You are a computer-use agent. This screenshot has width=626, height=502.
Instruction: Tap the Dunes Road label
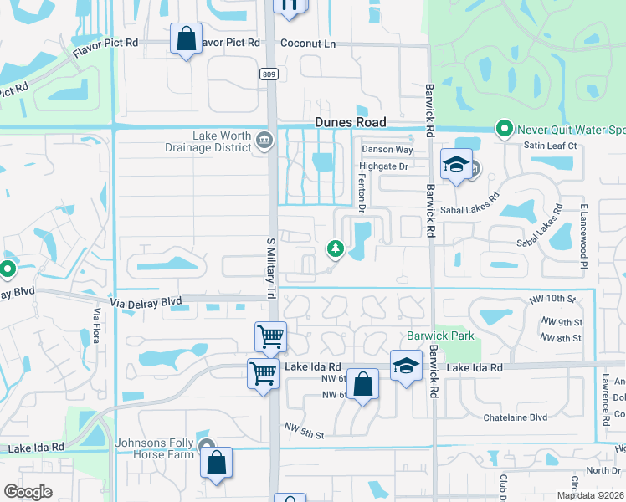[351, 121]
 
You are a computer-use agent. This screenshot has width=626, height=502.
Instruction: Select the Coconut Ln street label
[307, 44]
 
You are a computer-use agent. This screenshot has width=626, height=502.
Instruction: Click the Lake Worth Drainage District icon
[264, 139]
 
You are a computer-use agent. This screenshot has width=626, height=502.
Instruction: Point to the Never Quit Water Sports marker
[504, 129]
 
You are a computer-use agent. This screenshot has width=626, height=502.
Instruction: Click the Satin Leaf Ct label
[551, 146]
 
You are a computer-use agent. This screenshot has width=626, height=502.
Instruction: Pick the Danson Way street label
[387, 150]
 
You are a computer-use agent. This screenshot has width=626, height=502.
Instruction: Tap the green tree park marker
[335, 248]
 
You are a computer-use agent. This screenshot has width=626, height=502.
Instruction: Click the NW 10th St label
[553, 299]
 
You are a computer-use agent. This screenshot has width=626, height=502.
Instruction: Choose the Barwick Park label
[440, 336]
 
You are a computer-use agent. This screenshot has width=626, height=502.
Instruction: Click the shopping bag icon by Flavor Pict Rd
[186, 38]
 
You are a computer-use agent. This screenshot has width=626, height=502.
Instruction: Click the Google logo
[28, 492]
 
